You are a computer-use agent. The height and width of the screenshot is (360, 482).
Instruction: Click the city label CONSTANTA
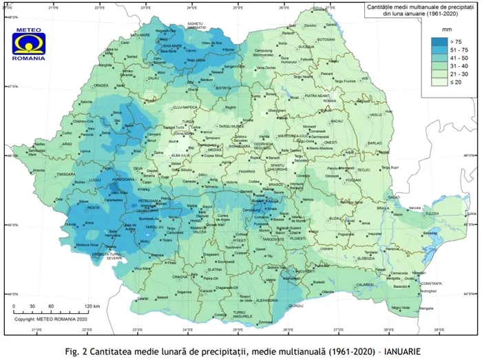pos(431,284)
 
